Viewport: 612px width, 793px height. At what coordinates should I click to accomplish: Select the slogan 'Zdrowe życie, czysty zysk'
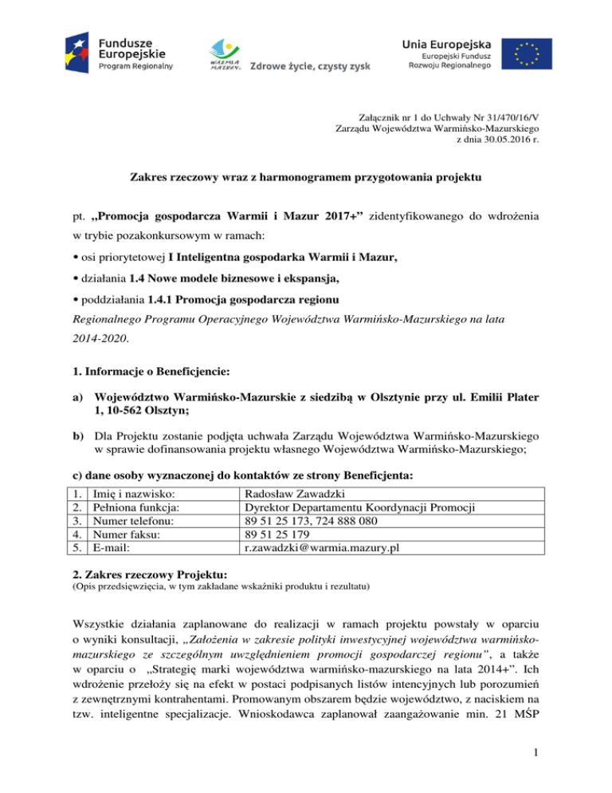point(311,65)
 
